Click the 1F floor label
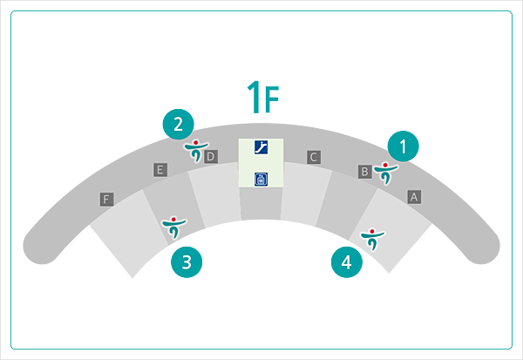[262, 98]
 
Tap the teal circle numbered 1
[403, 145]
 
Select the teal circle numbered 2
[178, 124]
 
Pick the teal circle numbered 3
[187, 261]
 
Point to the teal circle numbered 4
[347, 261]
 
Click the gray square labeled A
[414, 197]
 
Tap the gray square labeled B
[365, 171]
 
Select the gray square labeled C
[313, 157]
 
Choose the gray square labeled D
[210, 156]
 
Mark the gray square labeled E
[160, 170]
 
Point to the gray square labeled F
[106, 200]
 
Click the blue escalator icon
[261, 147]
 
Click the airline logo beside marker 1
[384, 173]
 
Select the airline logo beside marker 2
[195, 151]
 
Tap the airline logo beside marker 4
[372, 237]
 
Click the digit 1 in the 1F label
[254, 98]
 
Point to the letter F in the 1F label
[271, 100]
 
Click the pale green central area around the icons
[261, 163]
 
